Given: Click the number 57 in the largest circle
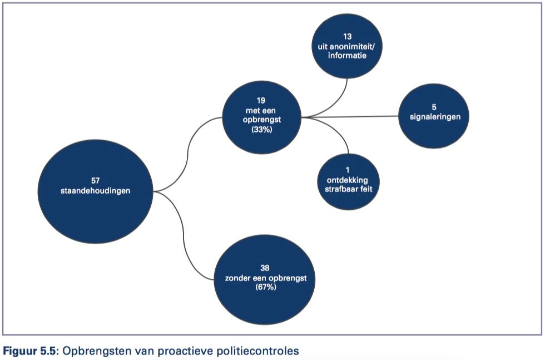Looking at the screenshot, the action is (95, 180).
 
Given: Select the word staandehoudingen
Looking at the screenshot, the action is (95, 191).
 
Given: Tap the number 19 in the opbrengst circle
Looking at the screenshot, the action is (261, 101).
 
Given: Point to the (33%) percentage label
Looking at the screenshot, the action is (262, 130).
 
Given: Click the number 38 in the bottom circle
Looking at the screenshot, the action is (265, 268).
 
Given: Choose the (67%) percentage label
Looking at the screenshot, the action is (266, 287).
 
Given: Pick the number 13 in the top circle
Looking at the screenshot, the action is (347, 37).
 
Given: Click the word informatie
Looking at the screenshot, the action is (347, 55).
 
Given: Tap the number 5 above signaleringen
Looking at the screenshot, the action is (434, 107).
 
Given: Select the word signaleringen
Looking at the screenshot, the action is (435, 117).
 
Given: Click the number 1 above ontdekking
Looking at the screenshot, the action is (348, 170).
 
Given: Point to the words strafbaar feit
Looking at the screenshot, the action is (348, 189).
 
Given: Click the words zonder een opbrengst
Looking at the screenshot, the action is (266, 278).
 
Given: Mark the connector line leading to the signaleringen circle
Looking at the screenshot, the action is (350, 117).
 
